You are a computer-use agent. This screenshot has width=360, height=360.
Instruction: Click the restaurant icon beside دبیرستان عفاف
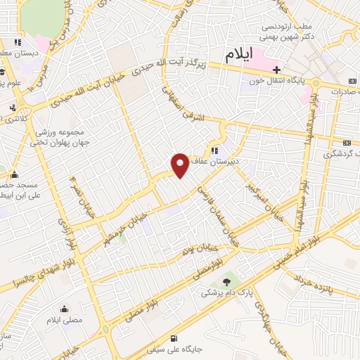coord(212,150)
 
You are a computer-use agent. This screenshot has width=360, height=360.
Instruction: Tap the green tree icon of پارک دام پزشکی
coord(226,281)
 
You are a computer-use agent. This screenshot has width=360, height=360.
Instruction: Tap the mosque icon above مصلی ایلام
coord(65,309)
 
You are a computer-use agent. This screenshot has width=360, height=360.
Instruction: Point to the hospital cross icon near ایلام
coord(278,70)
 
